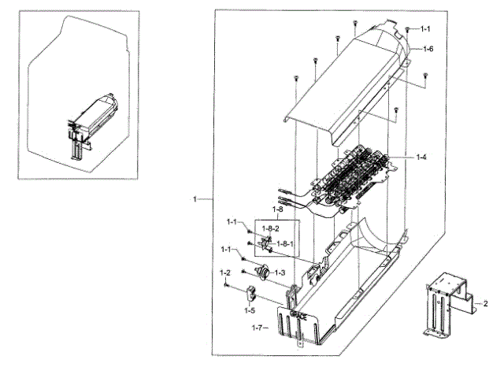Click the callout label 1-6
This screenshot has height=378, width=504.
[428, 49]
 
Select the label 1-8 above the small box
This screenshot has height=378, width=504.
[278, 210]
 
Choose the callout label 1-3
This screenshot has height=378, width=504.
[280, 272]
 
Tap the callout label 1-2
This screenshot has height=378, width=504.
[225, 272]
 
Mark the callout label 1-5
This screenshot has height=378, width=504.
[249, 309]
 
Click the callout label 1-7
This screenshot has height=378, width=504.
[257, 326]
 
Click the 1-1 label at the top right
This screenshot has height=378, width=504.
[425, 28]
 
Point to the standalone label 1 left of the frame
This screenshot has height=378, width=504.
[195, 199]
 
